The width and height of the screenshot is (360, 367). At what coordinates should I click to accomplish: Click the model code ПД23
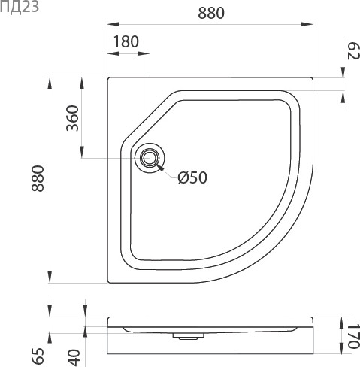16,8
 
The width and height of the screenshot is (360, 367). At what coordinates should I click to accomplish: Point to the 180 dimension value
126,42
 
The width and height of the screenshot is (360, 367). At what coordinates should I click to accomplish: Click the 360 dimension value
72,117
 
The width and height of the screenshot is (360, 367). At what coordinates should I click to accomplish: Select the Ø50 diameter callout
192,177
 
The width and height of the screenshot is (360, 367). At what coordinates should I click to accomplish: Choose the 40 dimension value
74,355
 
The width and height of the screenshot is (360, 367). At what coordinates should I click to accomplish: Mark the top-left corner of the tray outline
109,77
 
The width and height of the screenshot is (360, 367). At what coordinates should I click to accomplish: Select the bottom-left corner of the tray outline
109,283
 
